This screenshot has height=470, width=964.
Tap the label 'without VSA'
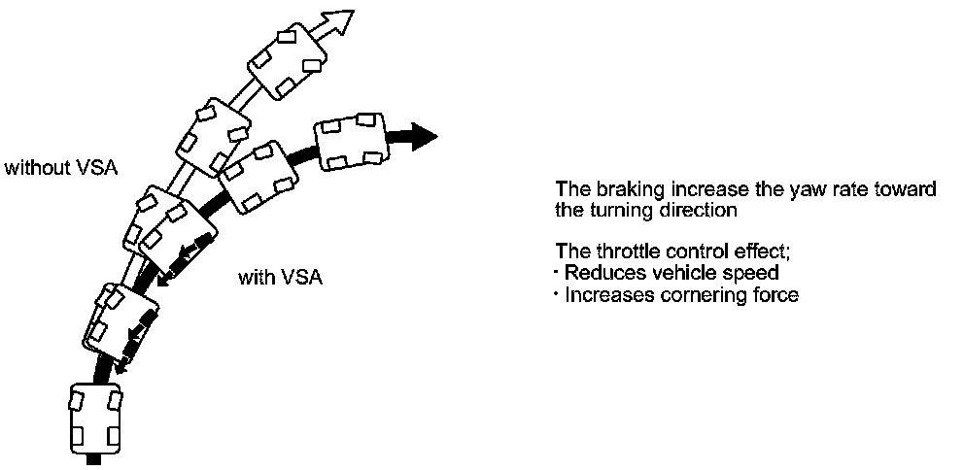(60, 168)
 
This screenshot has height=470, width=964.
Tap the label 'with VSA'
(281, 278)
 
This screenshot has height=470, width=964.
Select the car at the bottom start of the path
(95, 419)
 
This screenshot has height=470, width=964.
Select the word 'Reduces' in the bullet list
(598, 273)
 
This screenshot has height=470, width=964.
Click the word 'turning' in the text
(610, 209)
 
